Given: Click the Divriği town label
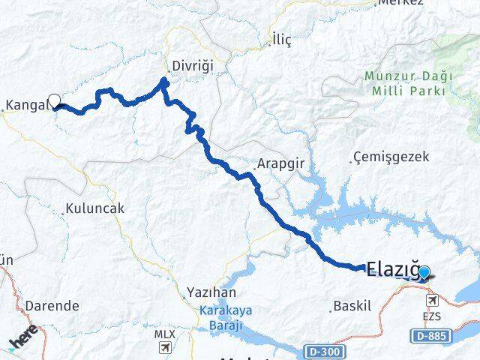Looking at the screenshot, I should pos(192,66).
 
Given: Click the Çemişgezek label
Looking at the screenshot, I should pos(390,157).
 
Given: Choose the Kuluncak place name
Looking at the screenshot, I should pos(94,208).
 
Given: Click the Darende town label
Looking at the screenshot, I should pos(52,306).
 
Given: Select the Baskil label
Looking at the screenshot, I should pos(346,306).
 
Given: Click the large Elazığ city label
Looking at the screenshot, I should pos(391,269).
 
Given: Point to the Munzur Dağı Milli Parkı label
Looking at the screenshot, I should pos(404,82).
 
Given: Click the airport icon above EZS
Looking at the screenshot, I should pos(432,300).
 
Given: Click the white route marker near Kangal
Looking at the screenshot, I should pos(54,100).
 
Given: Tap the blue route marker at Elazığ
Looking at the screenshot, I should pos(424,272).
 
